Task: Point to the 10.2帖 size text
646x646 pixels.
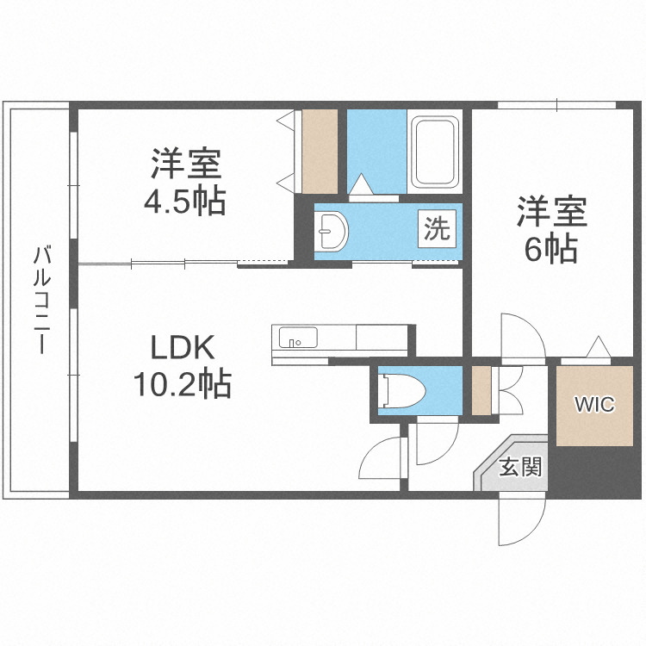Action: pyautogui.click(x=182, y=382)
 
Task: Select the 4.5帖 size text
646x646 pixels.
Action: pyautogui.click(x=185, y=201)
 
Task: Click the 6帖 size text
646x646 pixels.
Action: pyautogui.click(x=551, y=250)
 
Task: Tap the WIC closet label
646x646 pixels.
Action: pyautogui.click(x=594, y=404)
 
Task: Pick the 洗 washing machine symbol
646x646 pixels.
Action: pyautogui.click(x=437, y=229)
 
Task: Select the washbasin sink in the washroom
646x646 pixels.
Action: pyautogui.click(x=331, y=230)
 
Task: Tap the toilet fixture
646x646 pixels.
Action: pyautogui.click(x=399, y=389)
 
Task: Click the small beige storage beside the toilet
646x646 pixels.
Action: pyautogui.click(x=481, y=389)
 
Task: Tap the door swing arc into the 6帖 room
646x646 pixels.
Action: pyautogui.click(x=519, y=332)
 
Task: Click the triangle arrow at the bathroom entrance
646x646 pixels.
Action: pyautogui.click(x=362, y=183)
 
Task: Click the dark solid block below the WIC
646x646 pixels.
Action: pyautogui.click(x=594, y=469)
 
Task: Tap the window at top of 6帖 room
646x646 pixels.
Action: pyautogui.click(x=556, y=105)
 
